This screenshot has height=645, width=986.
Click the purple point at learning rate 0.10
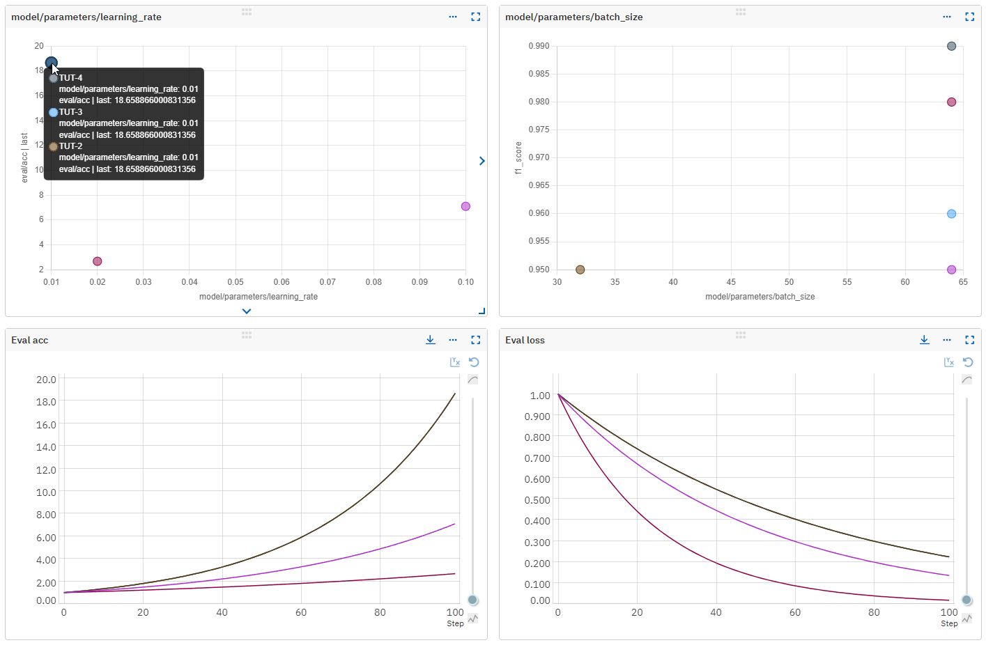tap(465, 206)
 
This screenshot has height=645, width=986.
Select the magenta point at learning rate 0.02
tap(98, 261)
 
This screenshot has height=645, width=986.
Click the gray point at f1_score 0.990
tap(951, 46)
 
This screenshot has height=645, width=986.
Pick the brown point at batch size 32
tap(580, 270)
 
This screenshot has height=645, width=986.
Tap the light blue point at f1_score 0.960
tap(951, 214)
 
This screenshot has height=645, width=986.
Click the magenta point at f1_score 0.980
tap(951, 102)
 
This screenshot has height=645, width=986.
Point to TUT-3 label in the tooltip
tap(70, 112)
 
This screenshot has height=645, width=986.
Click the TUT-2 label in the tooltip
tap(70, 146)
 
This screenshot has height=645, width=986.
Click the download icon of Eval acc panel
tap(431, 340)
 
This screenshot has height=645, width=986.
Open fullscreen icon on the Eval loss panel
tap(969, 340)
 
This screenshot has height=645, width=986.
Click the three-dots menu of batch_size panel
tap(946, 17)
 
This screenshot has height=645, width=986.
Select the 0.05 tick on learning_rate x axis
tap(236, 282)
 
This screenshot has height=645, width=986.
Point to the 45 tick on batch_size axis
tap(731, 282)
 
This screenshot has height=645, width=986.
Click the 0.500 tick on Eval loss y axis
tap(537, 500)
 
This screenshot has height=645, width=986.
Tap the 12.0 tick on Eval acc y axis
tap(46, 469)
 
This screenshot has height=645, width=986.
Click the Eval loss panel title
tap(525, 340)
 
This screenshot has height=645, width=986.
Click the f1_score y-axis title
tap(518, 157)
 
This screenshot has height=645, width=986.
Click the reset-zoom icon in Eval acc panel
tap(474, 362)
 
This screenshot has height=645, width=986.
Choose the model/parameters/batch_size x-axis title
tap(760, 297)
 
